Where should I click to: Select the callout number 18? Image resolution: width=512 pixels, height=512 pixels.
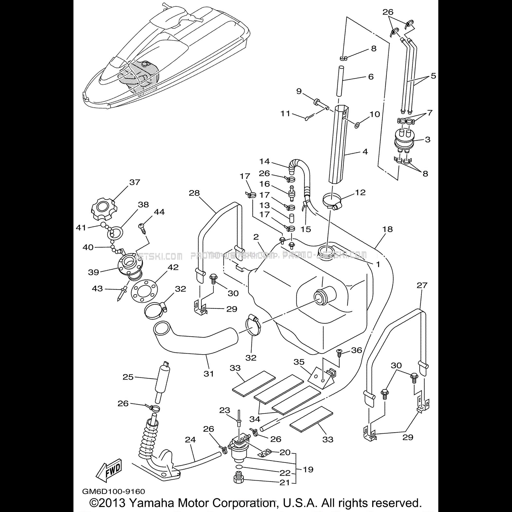tap(387, 229)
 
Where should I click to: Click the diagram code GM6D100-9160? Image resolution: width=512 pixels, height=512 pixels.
tap(113, 492)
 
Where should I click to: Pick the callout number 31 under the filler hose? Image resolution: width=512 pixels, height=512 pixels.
tap(208, 374)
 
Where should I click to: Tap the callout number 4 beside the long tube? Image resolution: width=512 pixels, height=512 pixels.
tap(365, 152)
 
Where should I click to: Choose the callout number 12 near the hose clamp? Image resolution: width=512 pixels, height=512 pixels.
tap(360, 192)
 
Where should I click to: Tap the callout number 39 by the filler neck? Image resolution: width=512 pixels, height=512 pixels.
tap(94, 272)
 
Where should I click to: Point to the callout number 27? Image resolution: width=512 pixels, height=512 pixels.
tap(422, 285)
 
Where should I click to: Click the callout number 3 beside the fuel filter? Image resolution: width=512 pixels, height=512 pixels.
tap(427, 139)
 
